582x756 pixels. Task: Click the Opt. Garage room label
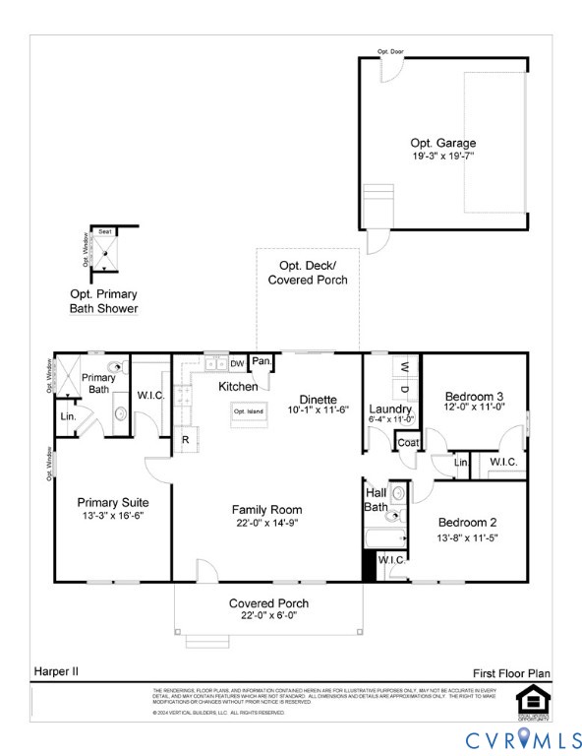coord(442,142)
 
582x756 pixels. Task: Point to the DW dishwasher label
coord(237,363)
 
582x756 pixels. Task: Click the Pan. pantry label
coord(262,361)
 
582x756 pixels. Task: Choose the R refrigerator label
coord(184,440)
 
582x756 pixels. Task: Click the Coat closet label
coord(408,443)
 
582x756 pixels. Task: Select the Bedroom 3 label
coord(474,393)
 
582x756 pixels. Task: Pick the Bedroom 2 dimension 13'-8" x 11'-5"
coord(469,537)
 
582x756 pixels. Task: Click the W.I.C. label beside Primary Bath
coord(150,396)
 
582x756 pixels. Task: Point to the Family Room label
coord(266,509)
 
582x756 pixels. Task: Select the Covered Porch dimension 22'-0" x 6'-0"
coord(268,615)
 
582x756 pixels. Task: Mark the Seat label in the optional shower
coord(104,231)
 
